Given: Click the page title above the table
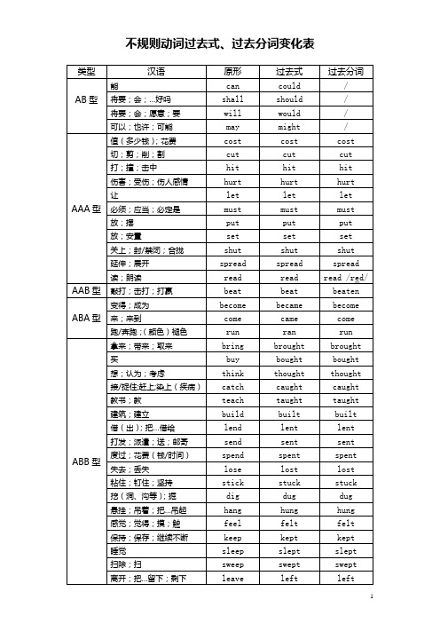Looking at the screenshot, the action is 220,43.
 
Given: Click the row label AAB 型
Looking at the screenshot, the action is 88,290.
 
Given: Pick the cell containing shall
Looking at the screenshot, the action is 232,100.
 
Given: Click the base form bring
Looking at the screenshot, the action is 232,346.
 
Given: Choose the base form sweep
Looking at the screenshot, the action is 232,564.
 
